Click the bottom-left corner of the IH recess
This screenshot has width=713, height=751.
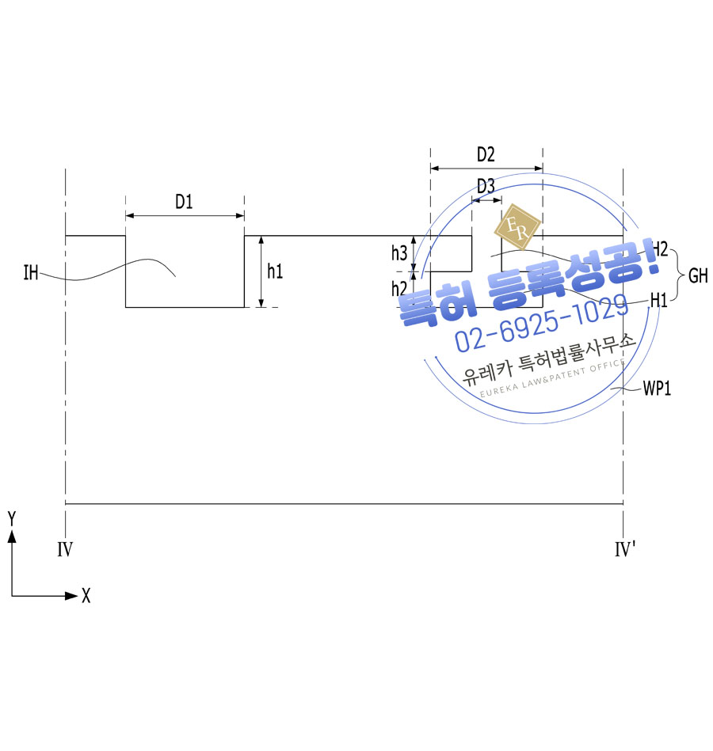(x=126, y=307)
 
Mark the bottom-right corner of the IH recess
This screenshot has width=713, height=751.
(x=244, y=307)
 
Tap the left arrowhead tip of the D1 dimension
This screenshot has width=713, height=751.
(x=126, y=216)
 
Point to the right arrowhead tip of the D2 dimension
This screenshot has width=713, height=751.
(x=543, y=168)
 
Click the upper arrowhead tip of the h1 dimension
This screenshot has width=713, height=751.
(x=261, y=236)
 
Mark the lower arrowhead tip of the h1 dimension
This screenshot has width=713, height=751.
(x=261, y=307)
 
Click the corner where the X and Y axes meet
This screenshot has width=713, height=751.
(x=12, y=596)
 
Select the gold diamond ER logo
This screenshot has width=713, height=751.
(x=517, y=226)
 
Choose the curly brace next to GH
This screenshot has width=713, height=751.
(x=677, y=275)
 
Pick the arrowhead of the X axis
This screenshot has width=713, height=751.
(x=71, y=596)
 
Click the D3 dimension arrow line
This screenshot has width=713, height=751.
(x=486, y=200)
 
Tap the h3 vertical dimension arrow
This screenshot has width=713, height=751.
(x=414, y=254)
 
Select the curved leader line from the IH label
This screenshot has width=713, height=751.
(x=108, y=270)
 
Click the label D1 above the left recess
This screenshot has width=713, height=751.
(x=184, y=202)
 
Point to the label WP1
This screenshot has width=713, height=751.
(x=657, y=388)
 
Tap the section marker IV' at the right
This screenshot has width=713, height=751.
(x=625, y=549)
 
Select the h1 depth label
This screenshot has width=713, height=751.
(x=275, y=271)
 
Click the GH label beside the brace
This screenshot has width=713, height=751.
(x=698, y=275)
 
